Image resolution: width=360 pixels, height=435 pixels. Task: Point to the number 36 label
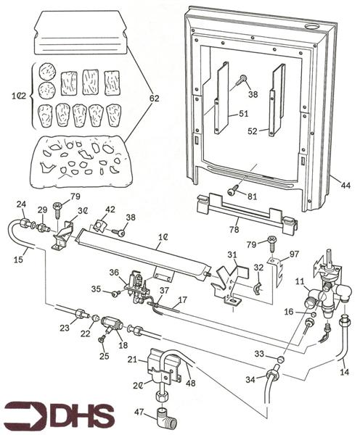114,273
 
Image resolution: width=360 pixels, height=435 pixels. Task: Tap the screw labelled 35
115,293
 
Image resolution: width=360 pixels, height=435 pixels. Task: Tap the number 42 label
110,210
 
